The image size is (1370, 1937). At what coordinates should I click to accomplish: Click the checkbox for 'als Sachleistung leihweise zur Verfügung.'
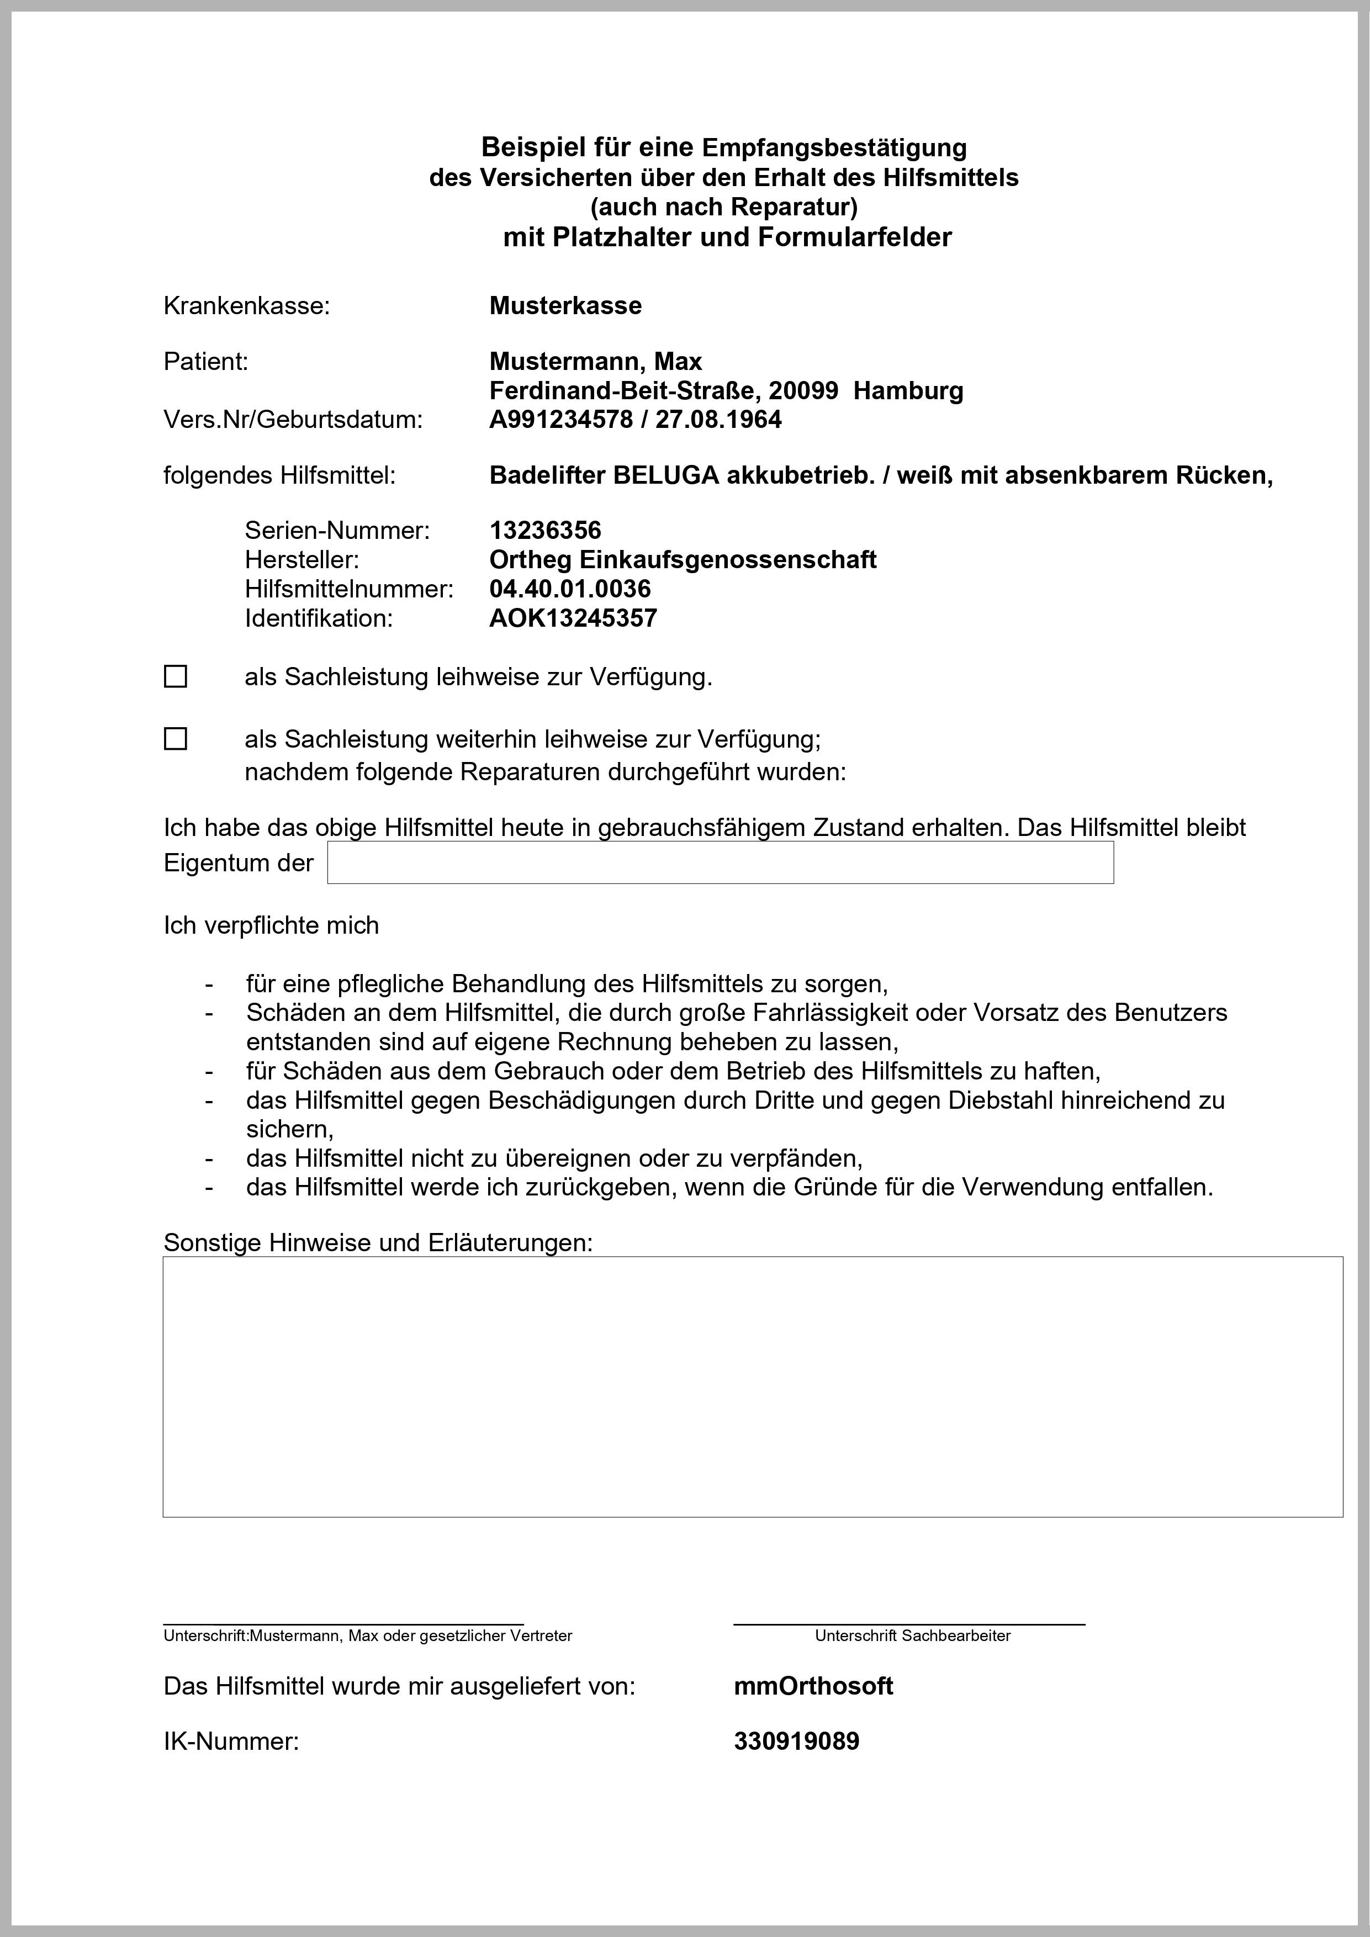tap(176, 676)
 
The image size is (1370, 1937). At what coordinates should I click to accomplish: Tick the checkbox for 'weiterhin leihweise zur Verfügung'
tap(176, 739)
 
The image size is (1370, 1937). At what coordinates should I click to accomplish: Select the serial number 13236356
tap(545, 531)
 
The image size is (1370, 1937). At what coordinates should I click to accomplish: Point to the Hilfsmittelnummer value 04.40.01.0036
tap(570, 589)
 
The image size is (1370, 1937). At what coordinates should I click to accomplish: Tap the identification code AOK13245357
tap(573, 618)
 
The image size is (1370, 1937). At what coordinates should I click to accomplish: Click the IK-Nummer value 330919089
tap(796, 1742)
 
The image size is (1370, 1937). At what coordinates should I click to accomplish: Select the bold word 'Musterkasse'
tap(565, 305)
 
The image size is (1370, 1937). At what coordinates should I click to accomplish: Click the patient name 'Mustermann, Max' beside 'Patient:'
tap(596, 362)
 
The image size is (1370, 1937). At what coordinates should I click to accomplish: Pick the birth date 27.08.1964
tap(719, 419)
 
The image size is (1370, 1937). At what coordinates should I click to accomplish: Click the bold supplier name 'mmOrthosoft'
tap(813, 1686)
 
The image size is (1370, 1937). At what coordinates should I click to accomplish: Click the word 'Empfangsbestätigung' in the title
tap(834, 147)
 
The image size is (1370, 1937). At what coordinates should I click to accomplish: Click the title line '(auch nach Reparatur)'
tap(724, 207)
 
